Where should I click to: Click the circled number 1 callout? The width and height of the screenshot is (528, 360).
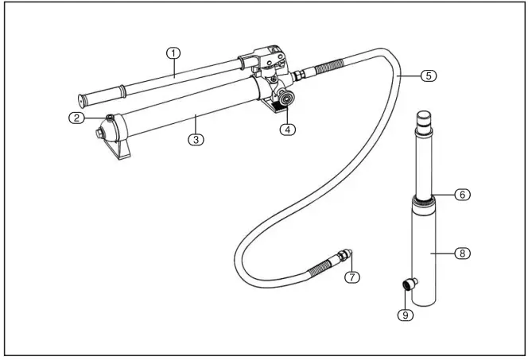173,53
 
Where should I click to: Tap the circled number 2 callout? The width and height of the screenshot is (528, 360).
76,118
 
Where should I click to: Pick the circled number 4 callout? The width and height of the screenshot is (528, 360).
288,130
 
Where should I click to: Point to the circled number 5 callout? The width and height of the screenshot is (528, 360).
428,76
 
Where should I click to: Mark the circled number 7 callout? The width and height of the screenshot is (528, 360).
352,277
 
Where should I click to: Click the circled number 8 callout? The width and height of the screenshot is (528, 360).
462,254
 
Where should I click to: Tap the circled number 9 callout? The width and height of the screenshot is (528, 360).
405,315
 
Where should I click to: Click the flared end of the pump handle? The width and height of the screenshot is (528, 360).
83,100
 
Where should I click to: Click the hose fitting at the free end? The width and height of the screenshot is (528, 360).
344,257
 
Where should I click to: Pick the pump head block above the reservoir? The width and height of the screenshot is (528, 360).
266,61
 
